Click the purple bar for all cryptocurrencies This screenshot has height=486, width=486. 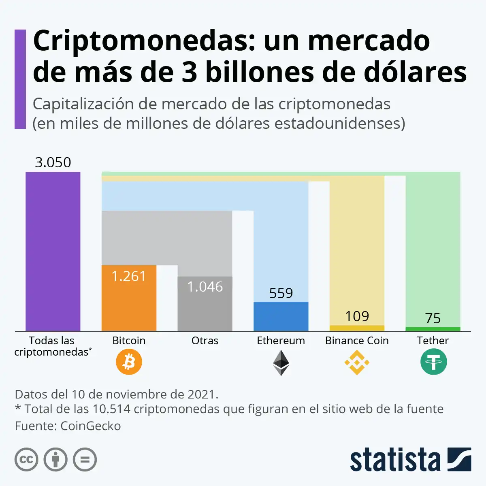tap(53, 251)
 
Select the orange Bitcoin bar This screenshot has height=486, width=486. tap(129, 304)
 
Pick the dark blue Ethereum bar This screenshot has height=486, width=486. tap(281, 316)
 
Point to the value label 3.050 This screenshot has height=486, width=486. tap(53, 162)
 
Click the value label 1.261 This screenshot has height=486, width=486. tap(128, 276)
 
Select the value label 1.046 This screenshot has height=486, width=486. tap(205, 287)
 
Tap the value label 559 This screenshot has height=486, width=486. tap(281, 293)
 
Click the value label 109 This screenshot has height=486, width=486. tap(357, 316)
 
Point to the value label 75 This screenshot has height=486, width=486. tap(433, 318)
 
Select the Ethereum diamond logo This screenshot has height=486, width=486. tap(281, 362)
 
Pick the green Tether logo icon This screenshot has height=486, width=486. tap(433, 362)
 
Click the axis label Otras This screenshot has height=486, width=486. tap(205, 341)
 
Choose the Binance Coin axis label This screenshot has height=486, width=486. tap(357, 341)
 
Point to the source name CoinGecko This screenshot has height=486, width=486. tap(90, 426)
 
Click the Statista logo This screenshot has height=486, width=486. tap(410, 460)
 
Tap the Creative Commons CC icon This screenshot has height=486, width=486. tap(26, 460)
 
